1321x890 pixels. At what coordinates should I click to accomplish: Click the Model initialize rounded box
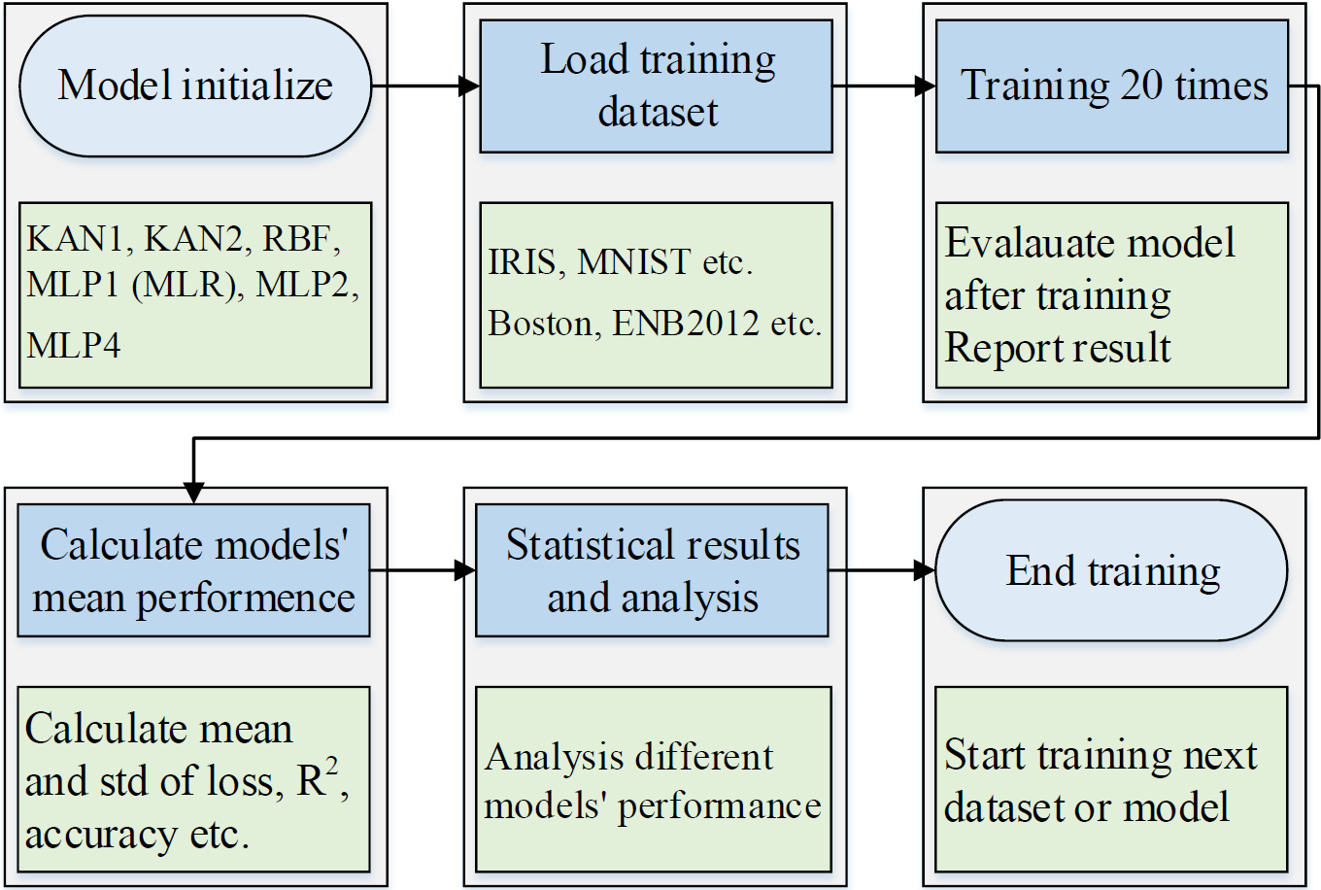[195, 86]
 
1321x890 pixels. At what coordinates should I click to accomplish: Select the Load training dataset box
[657, 86]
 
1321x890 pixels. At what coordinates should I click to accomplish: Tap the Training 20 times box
[1112, 86]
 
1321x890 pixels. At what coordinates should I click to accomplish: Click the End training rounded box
[1112, 570]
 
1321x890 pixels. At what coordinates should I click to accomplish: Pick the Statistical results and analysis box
[652, 570]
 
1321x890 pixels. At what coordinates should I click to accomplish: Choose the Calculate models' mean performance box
[193, 570]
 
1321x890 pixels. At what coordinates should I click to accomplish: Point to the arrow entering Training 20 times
[884, 86]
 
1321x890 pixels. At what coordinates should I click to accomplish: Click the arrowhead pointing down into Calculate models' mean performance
[194, 493]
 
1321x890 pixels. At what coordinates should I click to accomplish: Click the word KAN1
[79, 238]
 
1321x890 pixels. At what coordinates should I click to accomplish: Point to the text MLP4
[74, 345]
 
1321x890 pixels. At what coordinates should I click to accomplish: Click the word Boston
[540, 324]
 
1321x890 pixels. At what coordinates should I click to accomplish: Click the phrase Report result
[1058, 348]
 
